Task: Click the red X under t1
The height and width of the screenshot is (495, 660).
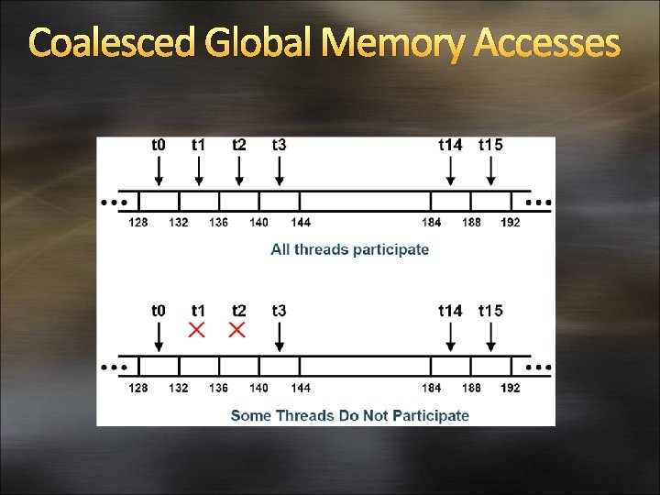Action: pos(197,330)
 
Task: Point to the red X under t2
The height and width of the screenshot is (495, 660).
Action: pos(237,330)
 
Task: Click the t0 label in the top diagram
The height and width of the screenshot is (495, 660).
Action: pos(159,145)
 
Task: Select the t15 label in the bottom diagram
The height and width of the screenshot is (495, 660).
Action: pos(490,311)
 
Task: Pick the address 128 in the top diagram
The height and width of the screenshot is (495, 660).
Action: pos(138,223)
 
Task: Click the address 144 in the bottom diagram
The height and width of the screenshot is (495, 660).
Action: pos(300,388)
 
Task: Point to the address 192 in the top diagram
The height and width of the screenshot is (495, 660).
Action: pos(511,223)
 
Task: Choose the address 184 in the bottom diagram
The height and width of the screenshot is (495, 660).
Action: pos(432,388)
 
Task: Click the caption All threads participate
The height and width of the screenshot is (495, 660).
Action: pos(349,249)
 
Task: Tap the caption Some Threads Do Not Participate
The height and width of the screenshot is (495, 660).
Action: pos(349,415)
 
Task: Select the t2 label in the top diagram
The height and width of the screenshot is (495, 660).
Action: pos(238,145)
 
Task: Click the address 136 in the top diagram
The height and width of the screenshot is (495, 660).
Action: pos(218,223)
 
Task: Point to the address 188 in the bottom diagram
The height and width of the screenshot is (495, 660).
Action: pos(471,388)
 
